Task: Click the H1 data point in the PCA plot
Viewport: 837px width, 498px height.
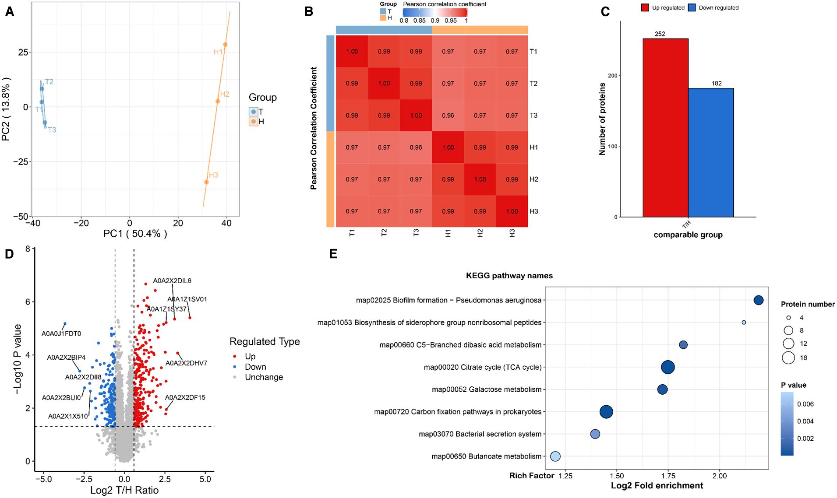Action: point(225,45)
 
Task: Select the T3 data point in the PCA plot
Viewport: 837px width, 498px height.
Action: point(45,123)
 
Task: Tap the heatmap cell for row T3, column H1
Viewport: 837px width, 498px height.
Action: point(448,116)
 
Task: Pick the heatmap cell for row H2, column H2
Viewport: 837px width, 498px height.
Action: point(480,179)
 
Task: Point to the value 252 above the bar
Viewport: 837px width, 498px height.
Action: point(660,34)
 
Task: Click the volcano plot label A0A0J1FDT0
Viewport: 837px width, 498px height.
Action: point(61,333)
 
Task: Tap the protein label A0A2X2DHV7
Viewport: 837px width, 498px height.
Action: point(186,363)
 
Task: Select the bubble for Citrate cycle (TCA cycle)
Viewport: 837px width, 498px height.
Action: point(667,367)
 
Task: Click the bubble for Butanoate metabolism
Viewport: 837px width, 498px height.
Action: point(555,456)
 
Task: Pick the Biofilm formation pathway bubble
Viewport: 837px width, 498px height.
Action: point(758,300)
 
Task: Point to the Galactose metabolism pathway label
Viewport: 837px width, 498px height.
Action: point(486,389)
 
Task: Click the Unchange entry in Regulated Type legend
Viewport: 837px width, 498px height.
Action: point(264,377)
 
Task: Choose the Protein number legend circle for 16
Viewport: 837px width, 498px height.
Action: point(788,358)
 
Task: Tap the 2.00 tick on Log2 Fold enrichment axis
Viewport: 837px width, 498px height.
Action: point(719,476)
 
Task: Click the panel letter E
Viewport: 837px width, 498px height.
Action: point(333,254)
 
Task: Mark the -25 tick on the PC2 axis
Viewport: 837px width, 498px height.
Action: point(19,162)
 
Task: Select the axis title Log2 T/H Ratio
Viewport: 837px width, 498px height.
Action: point(124,491)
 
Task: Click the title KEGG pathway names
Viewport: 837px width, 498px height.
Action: point(509,276)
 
